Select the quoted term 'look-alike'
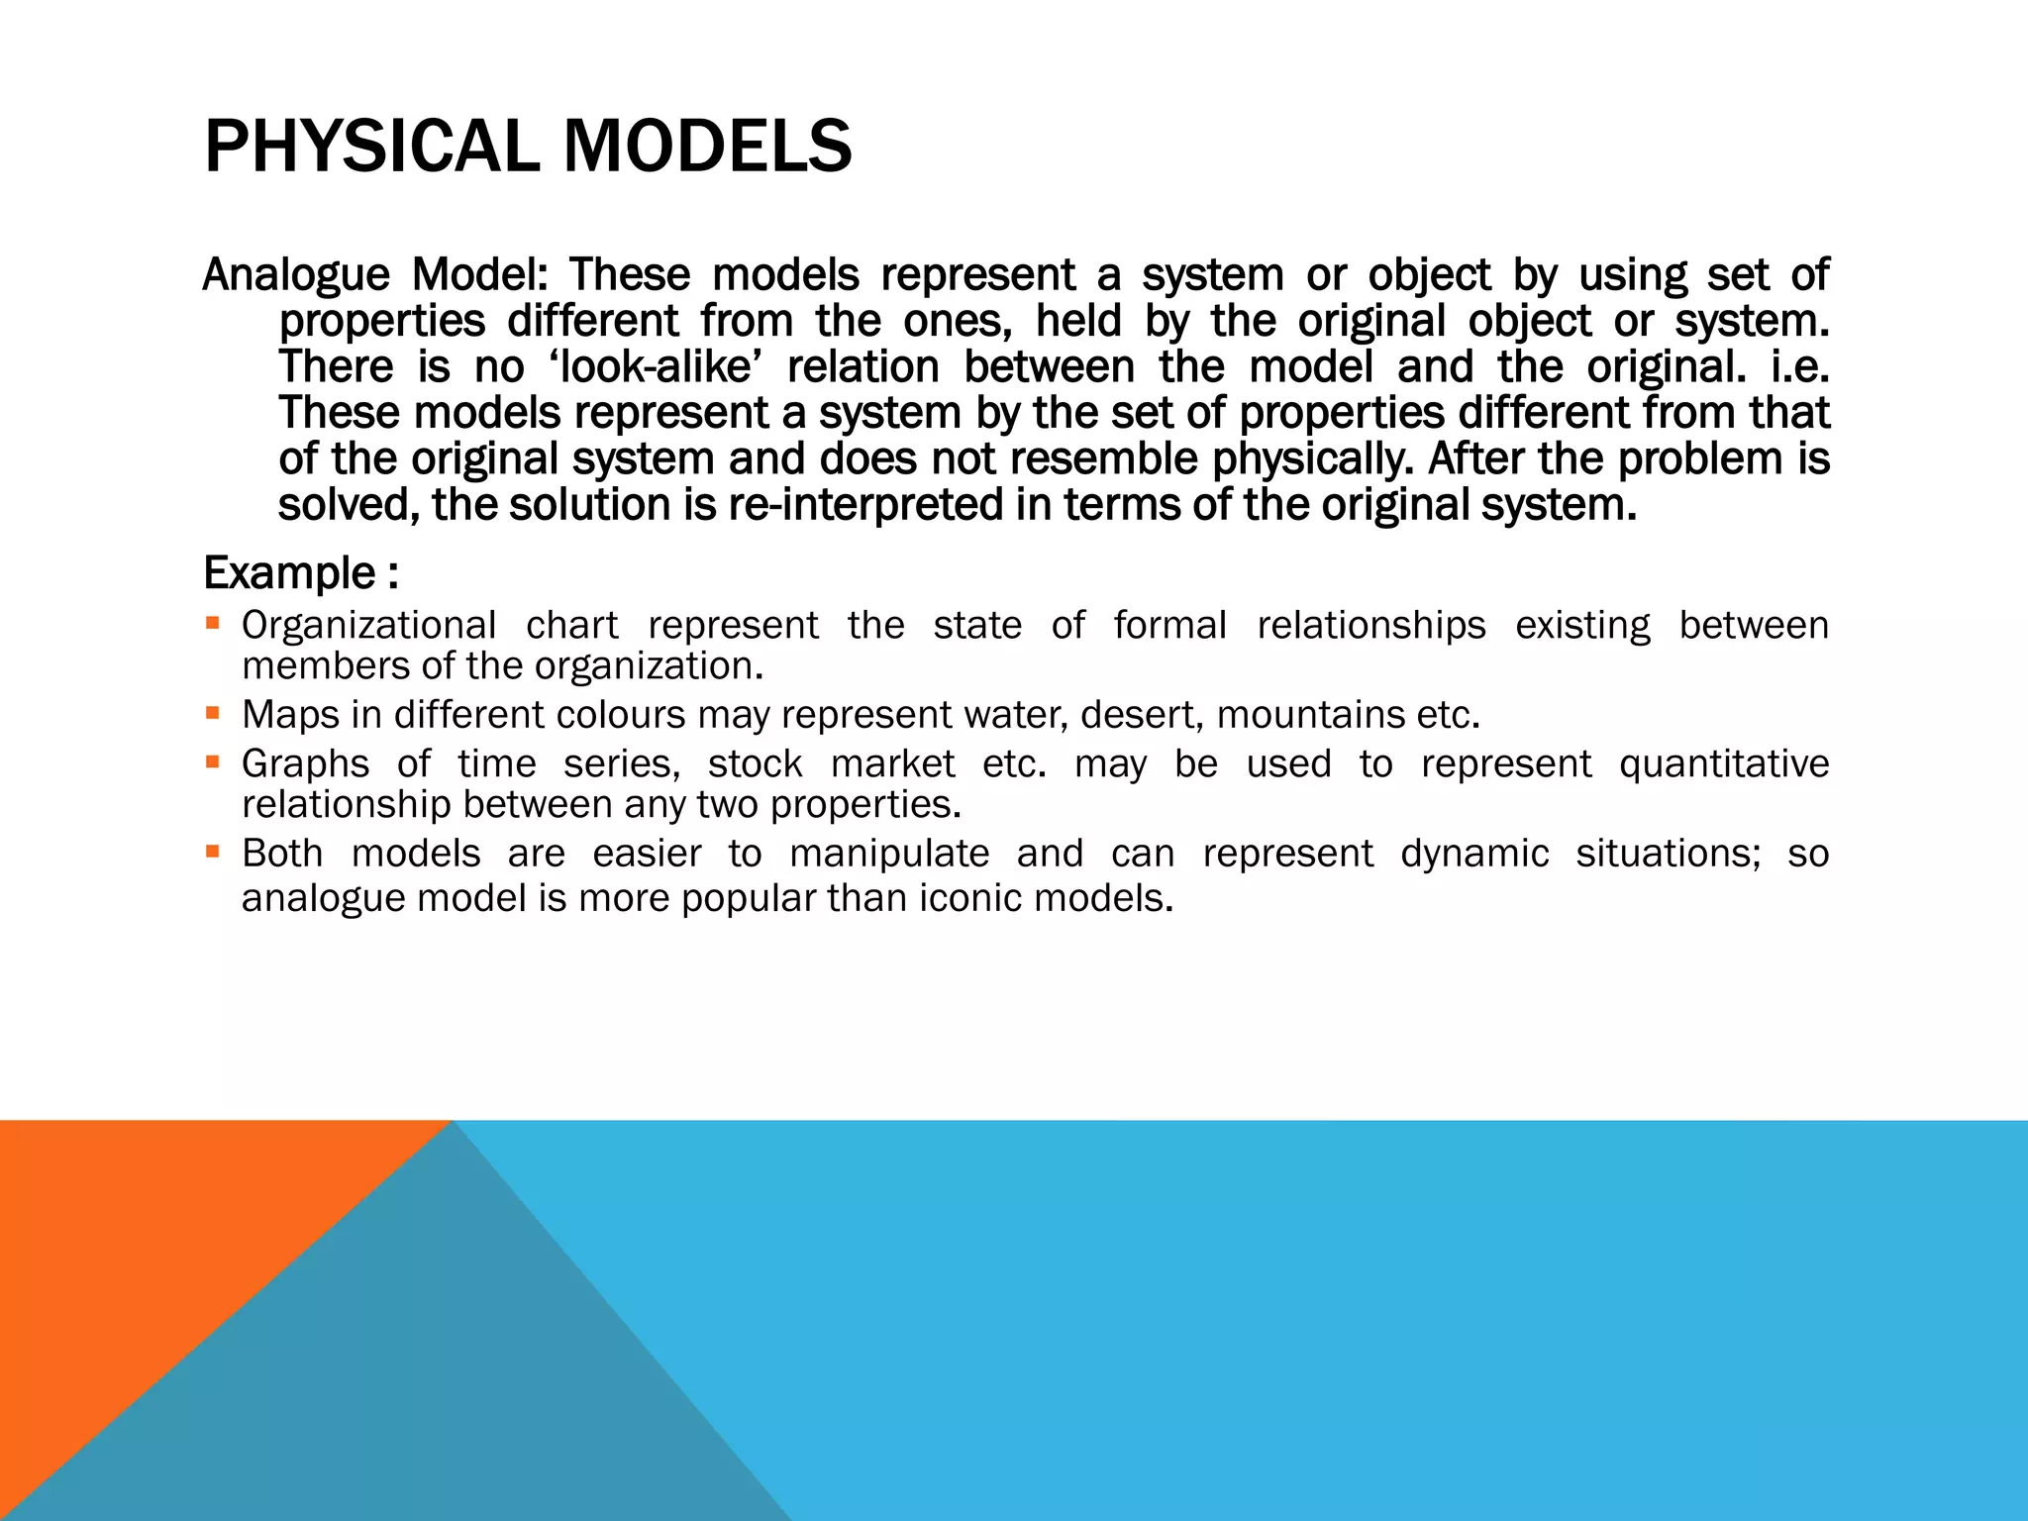[x=656, y=367]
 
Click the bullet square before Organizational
[x=212, y=624]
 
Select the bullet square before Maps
[x=212, y=713]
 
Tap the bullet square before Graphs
[x=212, y=762]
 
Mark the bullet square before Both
[x=212, y=852]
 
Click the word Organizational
[x=368, y=626]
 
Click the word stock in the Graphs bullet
[x=755, y=764]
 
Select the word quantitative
[x=1723, y=764]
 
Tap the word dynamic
[x=1474, y=854]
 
